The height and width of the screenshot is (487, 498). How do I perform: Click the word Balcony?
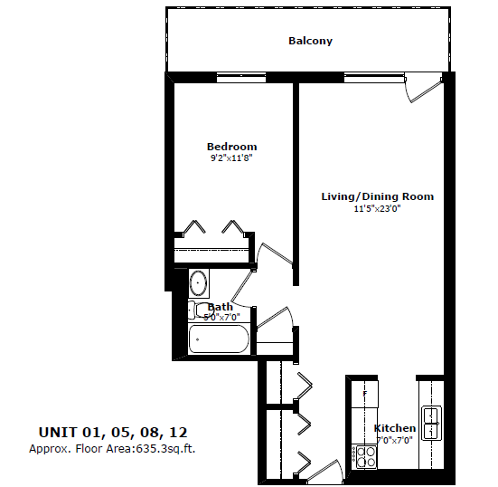[x=310, y=41]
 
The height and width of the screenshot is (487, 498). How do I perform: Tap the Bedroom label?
[x=231, y=147]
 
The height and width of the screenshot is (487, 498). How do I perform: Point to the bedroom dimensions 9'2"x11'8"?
[x=231, y=158]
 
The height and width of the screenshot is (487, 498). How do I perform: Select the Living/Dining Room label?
[x=377, y=196]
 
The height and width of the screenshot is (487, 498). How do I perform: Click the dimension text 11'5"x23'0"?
[x=377, y=208]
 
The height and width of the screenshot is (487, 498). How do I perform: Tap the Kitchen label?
[x=395, y=428]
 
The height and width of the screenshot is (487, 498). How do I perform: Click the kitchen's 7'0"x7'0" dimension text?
[x=395, y=440]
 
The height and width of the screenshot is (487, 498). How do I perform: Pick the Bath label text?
[x=221, y=307]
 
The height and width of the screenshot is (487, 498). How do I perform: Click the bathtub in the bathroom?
[x=218, y=340]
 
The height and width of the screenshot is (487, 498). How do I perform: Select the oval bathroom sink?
[x=199, y=283]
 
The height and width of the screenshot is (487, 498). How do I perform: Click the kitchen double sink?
[x=432, y=422]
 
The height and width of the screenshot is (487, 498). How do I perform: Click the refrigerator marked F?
[x=363, y=396]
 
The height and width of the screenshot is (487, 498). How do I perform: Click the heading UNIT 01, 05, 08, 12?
[x=114, y=432]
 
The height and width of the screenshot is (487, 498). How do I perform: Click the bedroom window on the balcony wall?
[x=241, y=78]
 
